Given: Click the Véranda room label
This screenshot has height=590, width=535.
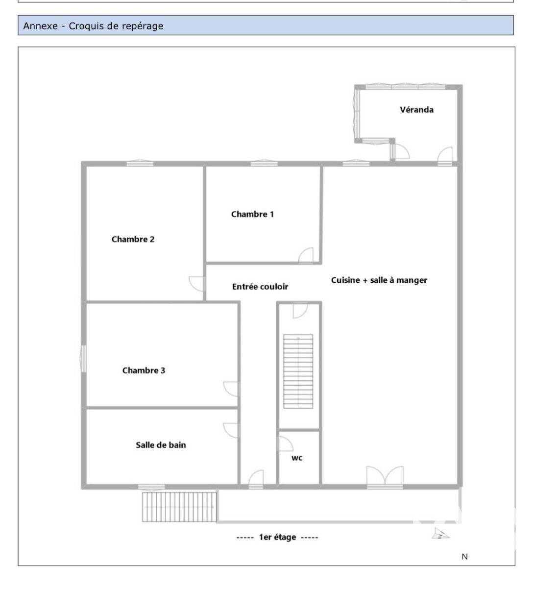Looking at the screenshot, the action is point(416,110).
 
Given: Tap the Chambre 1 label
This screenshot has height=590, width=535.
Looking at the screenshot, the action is point(252,214).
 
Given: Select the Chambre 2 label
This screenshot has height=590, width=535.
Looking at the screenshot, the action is point(133,239).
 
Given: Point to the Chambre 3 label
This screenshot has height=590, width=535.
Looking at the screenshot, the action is point(144,370).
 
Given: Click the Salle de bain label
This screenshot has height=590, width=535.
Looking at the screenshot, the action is point(161,445).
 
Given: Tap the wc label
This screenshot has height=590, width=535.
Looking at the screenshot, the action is point(297,458).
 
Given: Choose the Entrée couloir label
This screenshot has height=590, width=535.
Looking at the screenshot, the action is point(260,287).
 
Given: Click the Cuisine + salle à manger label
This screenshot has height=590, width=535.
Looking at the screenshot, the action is point(379,280).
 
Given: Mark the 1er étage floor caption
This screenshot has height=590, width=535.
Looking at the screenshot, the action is point(277,538).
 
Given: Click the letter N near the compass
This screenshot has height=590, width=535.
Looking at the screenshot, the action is point(464,557).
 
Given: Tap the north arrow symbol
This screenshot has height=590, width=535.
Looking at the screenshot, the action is point(440,533).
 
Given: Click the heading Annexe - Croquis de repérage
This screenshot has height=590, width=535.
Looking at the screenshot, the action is point(93,26).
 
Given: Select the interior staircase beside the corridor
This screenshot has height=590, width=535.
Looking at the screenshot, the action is point(298,371).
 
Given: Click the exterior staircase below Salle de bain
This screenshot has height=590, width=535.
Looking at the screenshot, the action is point(179,507).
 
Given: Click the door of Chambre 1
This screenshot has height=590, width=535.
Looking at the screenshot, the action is point(306,255).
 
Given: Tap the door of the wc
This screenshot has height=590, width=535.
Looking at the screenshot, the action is point(285,444).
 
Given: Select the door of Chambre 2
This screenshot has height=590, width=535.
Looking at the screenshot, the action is point(196,284).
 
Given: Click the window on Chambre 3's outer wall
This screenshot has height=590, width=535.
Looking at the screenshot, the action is point(83,359).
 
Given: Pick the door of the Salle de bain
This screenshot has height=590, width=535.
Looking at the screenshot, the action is point(231,431).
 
